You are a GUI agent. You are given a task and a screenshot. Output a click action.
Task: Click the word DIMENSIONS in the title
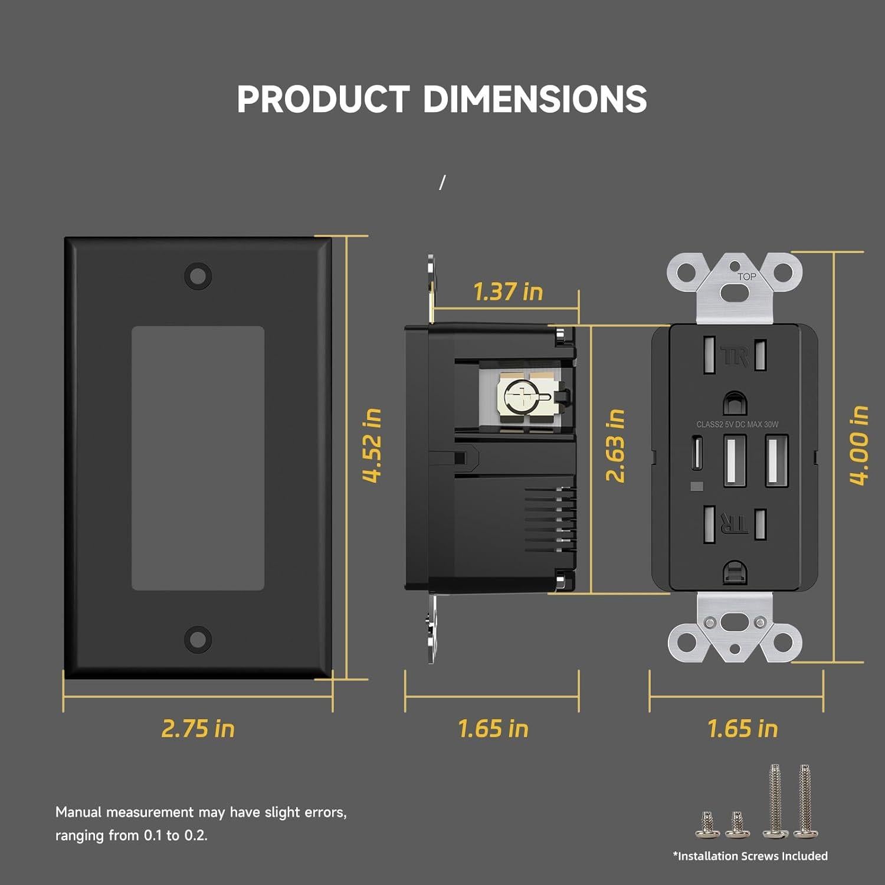tap(535, 99)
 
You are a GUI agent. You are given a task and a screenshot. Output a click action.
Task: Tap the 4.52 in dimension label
tap(372, 445)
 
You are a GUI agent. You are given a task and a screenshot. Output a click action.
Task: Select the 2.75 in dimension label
tap(198, 729)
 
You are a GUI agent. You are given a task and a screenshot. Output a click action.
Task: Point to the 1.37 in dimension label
tap(508, 291)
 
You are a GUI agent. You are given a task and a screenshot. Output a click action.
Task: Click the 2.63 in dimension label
tap(615, 445)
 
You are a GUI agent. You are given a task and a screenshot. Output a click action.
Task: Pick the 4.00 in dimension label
tap(858, 445)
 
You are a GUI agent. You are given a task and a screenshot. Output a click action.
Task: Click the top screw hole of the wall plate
tap(198, 276)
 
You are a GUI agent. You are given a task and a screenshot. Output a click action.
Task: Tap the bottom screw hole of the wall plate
tap(198, 639)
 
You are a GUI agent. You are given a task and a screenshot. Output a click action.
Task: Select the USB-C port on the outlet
tap(697, 453)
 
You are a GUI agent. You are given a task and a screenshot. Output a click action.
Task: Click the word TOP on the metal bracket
tap(746, 277)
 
